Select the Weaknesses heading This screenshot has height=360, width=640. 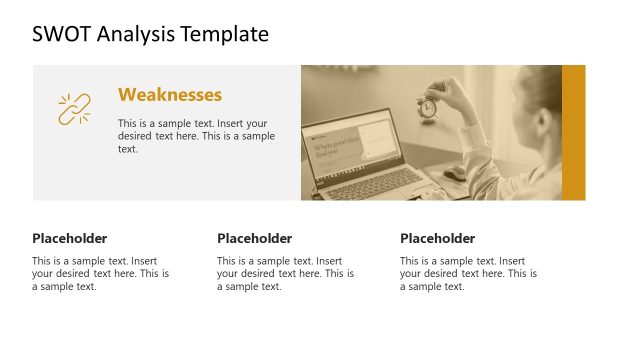click(x=169, y=95)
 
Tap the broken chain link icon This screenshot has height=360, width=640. click(x=73, y=109)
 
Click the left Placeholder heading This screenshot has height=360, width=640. click(x=69, y=238)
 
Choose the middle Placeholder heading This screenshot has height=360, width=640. click(x=254, y=238)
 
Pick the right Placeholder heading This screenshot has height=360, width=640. click(x=437, y=238)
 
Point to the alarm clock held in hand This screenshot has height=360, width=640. click(x=427, y=106)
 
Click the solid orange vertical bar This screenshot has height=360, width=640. click(x=573, y=132)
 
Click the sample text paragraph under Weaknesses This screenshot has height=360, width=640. click(x=196, y=135)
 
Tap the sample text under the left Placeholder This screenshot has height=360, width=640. click(x=100, y=273)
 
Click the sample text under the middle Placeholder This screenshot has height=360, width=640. click(x=285, y=273)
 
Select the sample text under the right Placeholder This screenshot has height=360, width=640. click(x=468, y=273)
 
